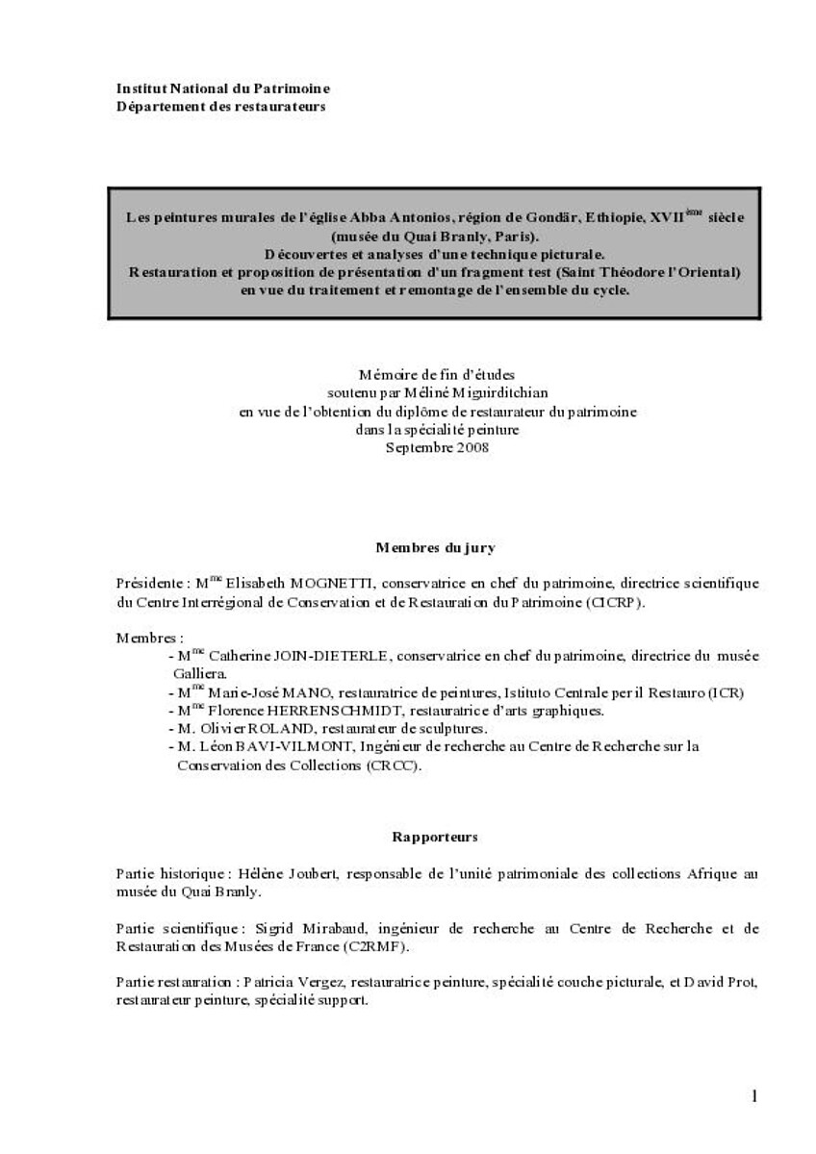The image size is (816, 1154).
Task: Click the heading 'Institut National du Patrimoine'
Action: [222, 88]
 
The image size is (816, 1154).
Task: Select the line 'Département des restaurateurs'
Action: [220, 106]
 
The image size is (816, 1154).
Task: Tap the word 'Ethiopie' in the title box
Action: [607, 218]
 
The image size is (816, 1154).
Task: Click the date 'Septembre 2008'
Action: [437, 447]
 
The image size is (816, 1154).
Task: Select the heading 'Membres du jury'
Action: [435, 547]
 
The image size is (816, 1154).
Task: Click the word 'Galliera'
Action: [200, 673]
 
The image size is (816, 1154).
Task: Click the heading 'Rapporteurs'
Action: [435, 838]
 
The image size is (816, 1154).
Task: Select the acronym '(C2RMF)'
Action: [381, 947]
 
